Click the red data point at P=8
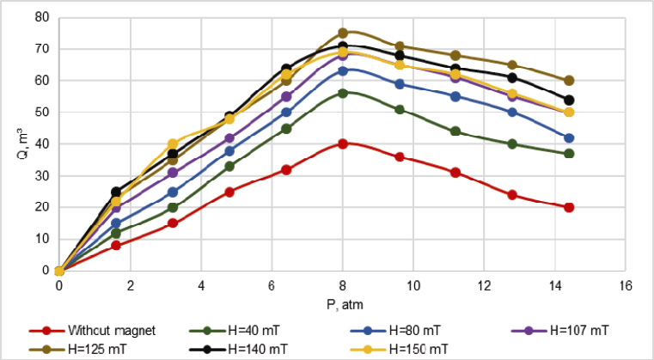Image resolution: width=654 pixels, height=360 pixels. point(343,144)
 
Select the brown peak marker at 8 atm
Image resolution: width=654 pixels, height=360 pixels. point(343,34)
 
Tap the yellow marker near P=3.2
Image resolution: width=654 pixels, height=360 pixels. point(173,144)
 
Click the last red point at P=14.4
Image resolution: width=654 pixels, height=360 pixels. point(569,207)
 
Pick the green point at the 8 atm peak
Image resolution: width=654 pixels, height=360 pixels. point(343,94)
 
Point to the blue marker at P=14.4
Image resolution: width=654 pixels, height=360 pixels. point(569,137)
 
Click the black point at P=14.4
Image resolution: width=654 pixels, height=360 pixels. point(569,100)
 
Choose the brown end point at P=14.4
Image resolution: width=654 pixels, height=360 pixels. point(569,81)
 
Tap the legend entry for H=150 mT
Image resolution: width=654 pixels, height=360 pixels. point(419,348)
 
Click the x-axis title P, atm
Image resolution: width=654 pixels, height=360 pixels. point(341,302)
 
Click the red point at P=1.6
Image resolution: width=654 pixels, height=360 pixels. point(116,246)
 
